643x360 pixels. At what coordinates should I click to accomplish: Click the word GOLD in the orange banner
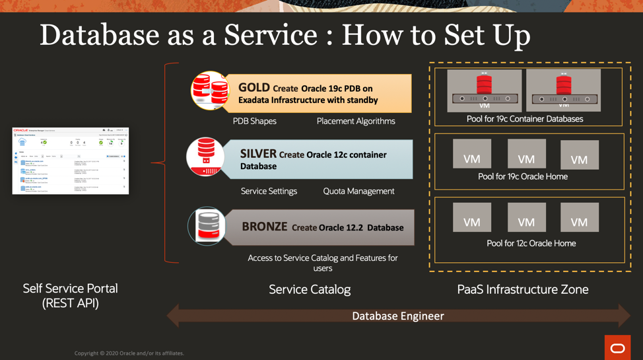254,88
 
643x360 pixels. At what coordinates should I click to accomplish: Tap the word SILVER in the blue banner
258,154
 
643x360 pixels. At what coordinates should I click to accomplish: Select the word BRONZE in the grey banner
264,227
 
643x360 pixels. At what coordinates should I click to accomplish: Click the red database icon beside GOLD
210,90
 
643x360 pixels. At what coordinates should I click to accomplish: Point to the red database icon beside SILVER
205,157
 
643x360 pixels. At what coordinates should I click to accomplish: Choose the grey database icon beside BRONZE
207,226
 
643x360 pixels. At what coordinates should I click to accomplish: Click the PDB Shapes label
254,121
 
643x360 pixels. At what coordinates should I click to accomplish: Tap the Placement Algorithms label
356,121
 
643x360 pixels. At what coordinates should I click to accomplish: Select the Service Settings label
269,191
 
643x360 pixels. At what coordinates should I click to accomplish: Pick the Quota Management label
358,191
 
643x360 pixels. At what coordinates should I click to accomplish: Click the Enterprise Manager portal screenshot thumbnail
71,161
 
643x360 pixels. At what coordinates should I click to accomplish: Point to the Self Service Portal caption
70,295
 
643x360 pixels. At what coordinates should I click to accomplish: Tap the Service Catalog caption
310,289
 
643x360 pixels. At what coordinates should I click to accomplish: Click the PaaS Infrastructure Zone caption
522,289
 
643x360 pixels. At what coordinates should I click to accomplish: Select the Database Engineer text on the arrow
397,316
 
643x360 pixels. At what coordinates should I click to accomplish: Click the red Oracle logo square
617,347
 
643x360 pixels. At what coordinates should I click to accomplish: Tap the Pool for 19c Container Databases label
525,119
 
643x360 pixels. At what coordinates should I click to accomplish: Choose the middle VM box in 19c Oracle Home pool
526,154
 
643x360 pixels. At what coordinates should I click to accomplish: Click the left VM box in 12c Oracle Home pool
472,217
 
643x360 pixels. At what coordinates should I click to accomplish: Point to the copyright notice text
129,353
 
